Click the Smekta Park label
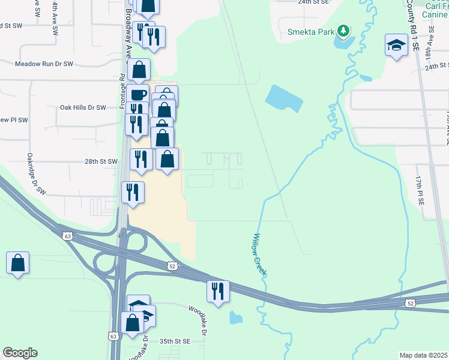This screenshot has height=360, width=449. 311,31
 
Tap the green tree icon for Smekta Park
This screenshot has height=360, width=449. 343,30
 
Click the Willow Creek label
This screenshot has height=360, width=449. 260,254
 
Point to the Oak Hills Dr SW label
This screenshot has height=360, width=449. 83,107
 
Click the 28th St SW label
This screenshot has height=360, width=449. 100,162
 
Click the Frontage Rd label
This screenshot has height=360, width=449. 122,91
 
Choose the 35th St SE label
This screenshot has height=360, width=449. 175,341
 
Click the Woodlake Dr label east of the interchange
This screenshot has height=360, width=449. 198,320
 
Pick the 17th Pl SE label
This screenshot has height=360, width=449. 420,190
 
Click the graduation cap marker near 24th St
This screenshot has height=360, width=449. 396,45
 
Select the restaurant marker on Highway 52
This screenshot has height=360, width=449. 217,291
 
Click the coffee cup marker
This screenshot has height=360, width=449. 137,95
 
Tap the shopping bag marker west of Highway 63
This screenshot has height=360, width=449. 18,263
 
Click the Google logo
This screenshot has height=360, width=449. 20,353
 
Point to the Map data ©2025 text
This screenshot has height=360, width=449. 423,355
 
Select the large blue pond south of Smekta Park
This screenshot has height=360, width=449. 283,98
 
